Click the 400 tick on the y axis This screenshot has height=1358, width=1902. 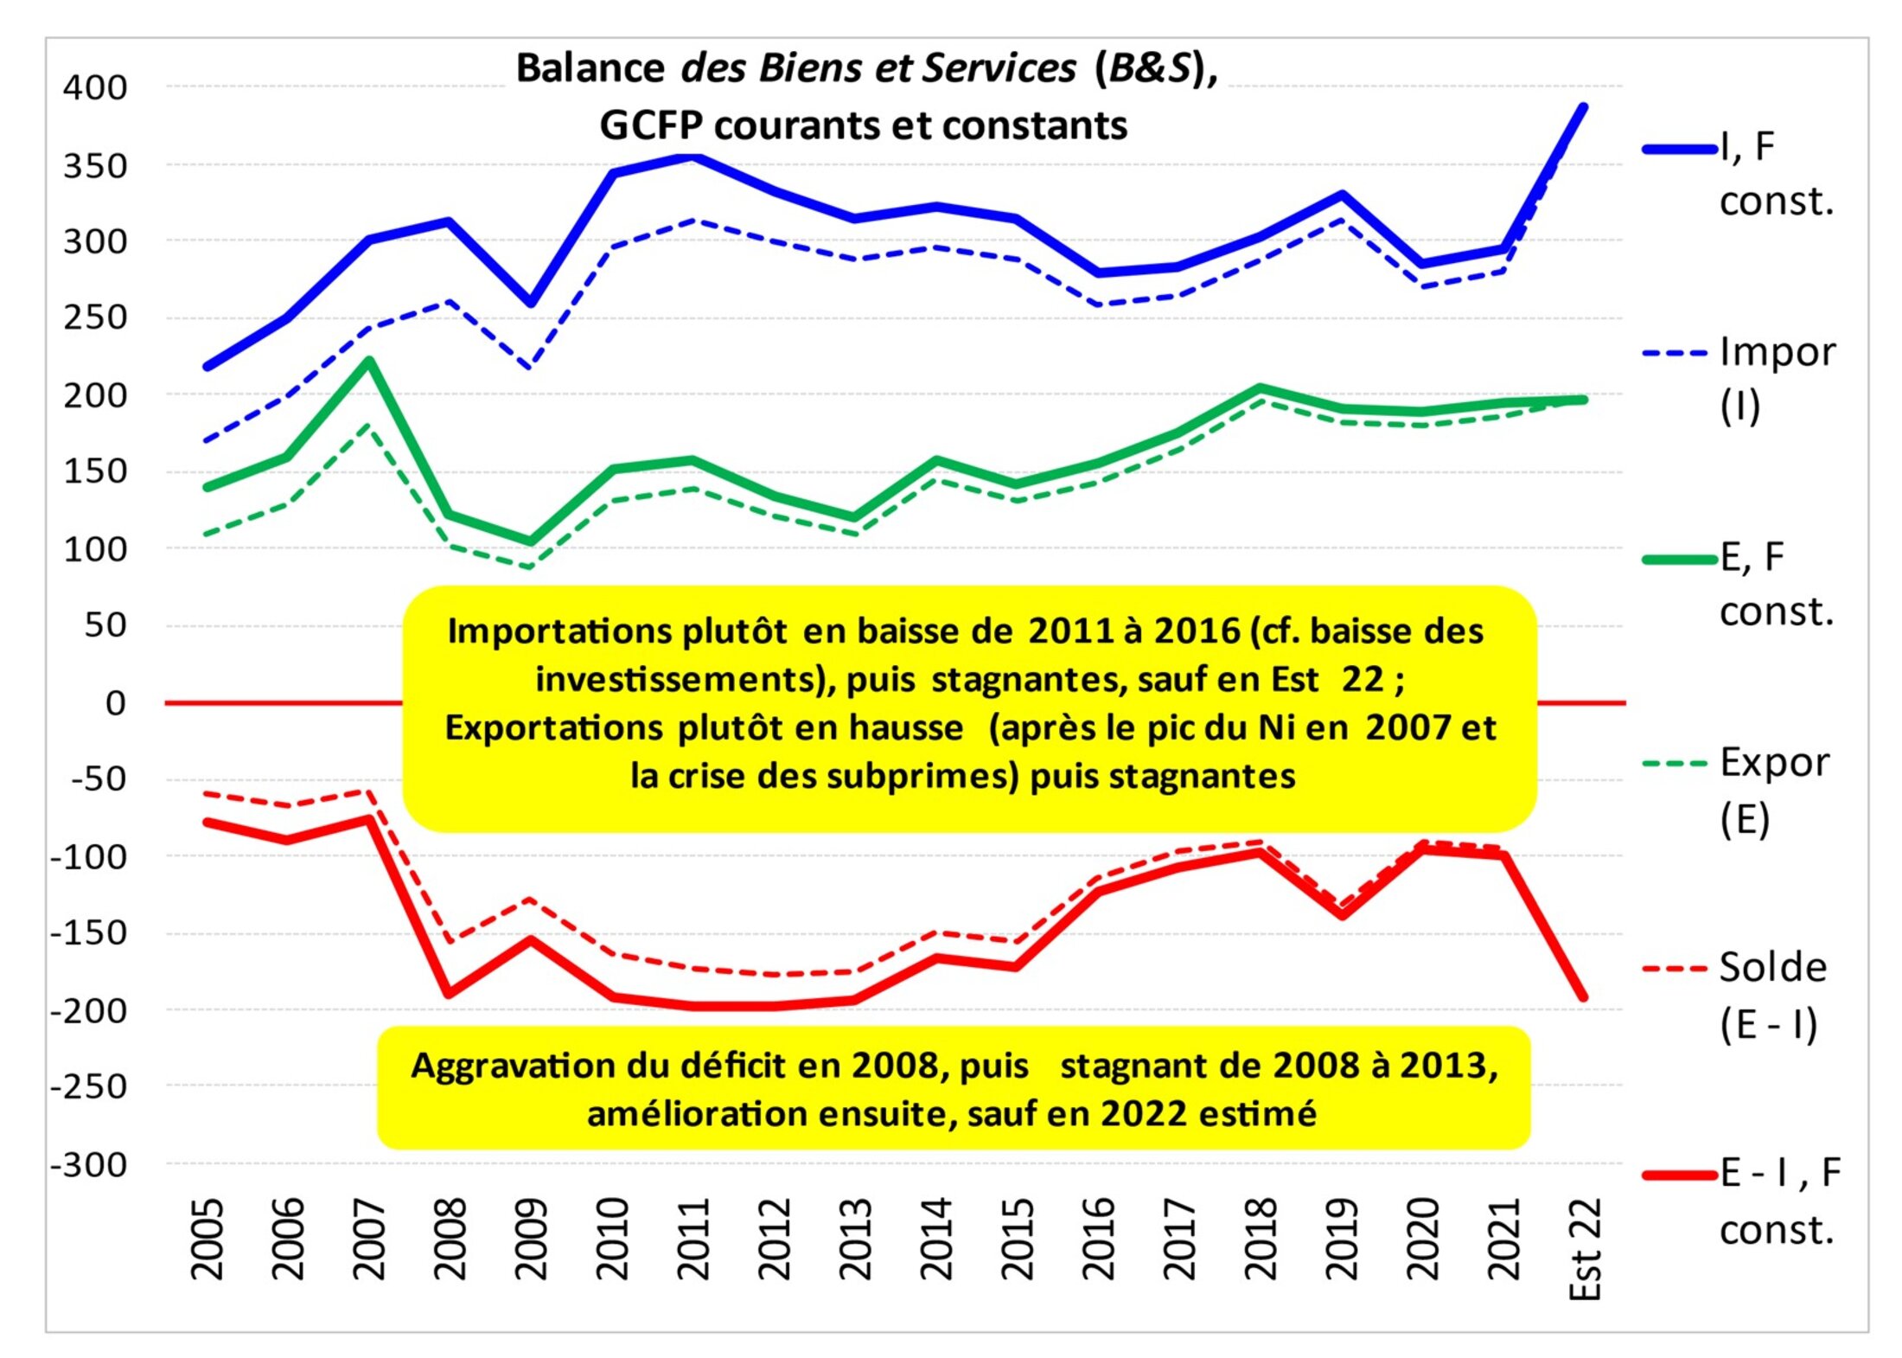[x=95, y=87]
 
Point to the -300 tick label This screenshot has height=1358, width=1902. [x=89, y=1164]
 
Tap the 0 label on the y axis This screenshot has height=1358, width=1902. [x=115, y=702]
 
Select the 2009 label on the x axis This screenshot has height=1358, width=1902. [x=530, y=1238]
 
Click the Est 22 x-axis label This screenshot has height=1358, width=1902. [x=1584, y=1248]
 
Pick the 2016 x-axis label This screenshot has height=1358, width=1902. [x=1098, y=1238]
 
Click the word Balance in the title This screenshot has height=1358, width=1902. [x=590, y=68]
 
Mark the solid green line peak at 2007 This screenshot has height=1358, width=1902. [x=369, y=361]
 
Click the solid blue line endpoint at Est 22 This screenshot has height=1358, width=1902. [x=1583, y=107]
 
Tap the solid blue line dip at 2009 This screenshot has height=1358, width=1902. [x=531, y=303]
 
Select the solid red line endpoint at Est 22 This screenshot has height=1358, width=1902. [x=1583, y=996]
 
